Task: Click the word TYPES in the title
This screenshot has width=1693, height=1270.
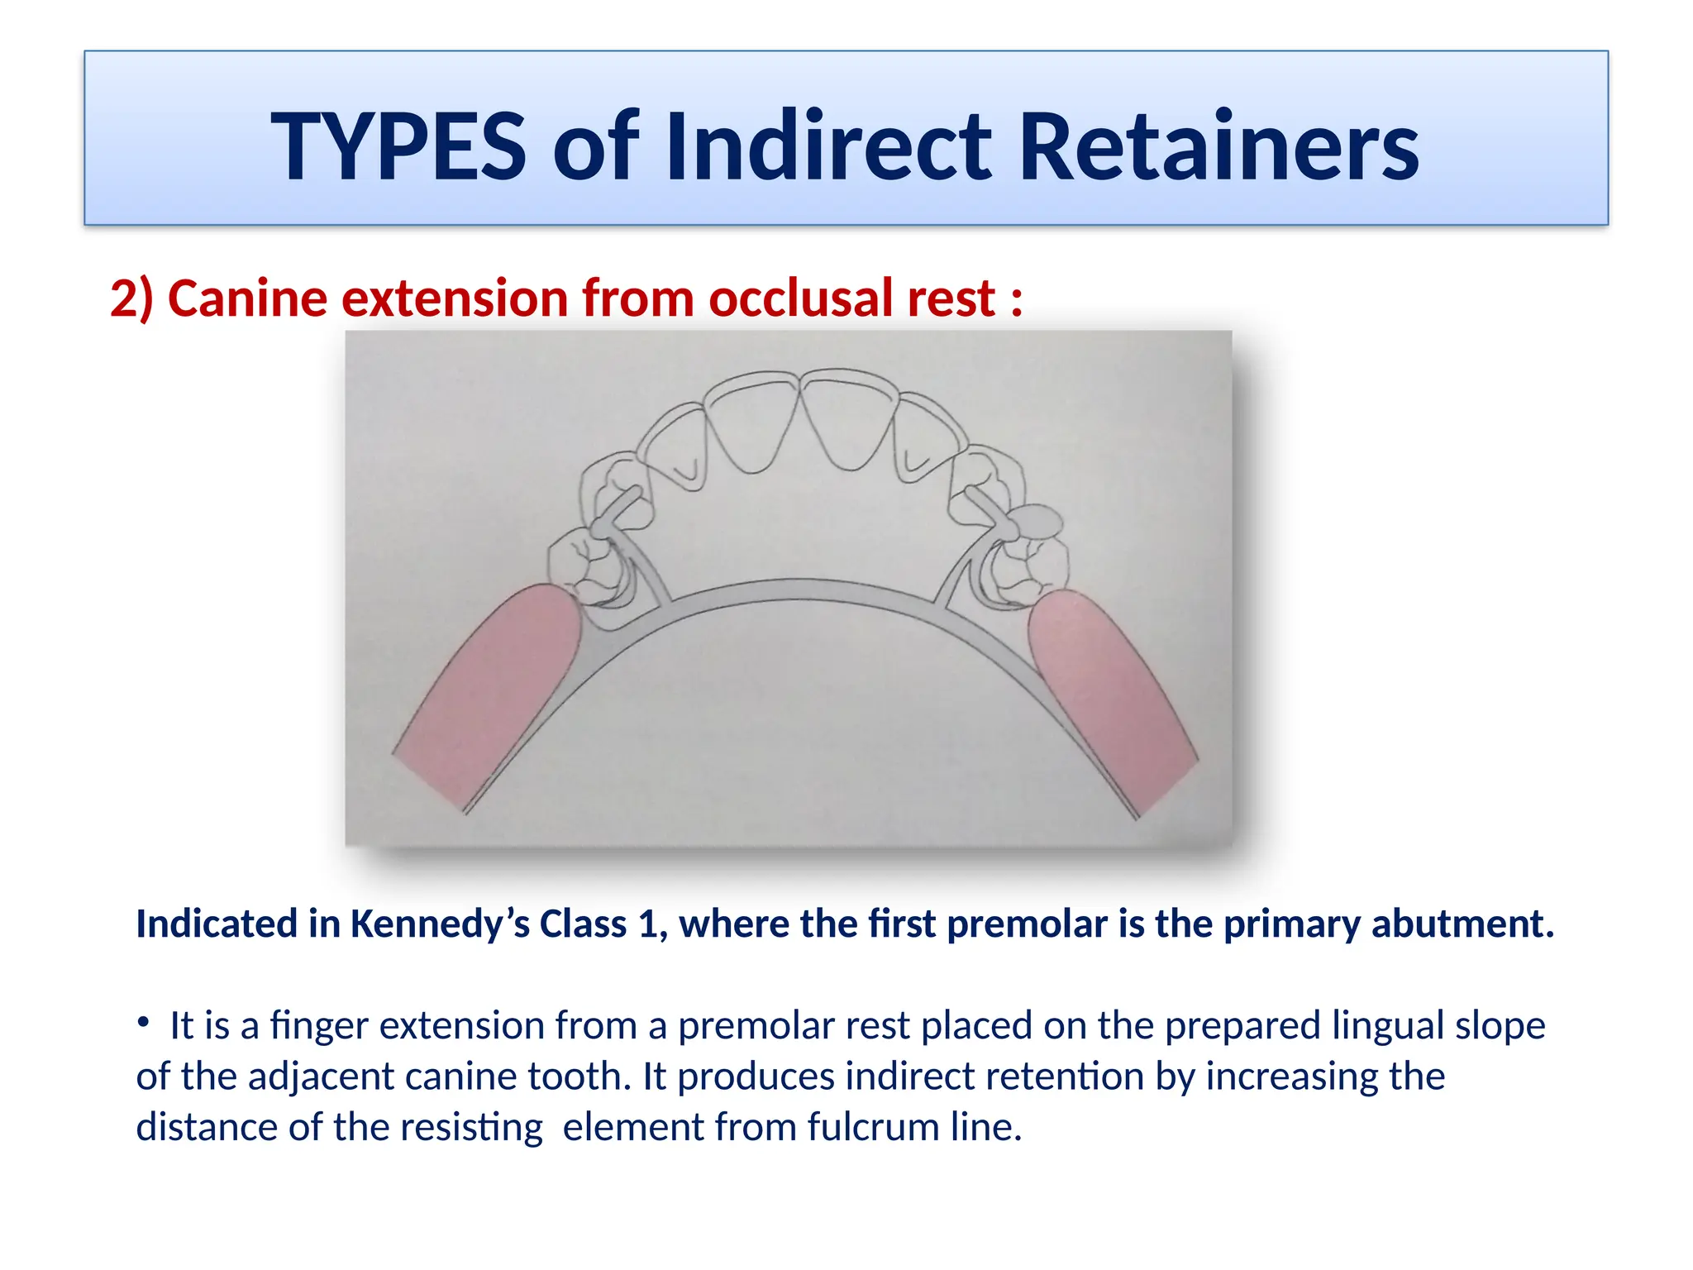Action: point(398,147)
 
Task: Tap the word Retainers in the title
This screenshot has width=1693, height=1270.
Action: point(1218,147)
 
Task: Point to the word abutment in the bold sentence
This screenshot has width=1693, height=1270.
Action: point(1462,924)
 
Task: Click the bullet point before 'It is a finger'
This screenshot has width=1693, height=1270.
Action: point(144,1024)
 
